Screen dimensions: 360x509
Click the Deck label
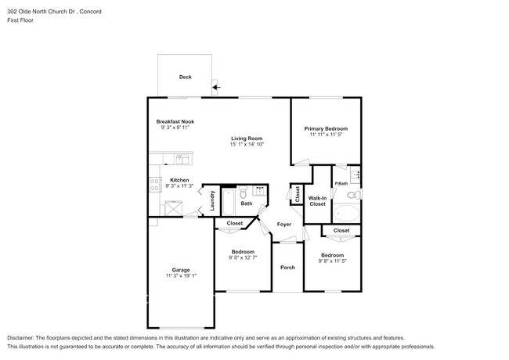pyautogui.click(x=185, y=77)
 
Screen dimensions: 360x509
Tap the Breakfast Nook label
pyautogui.click(x=175, y=122)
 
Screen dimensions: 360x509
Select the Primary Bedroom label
pyautogui.click(x=326, y=128)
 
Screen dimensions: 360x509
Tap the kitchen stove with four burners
pyautogui.click(x=153, y=185)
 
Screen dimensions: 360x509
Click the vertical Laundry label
pyautogui.click(x=211, y=202)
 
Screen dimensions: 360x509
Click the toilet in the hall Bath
pyautogui.click(x=243, y=193)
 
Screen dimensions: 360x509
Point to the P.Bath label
pyautogui.click(x=341, y=184)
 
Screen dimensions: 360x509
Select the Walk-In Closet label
pyautogui.click(x=317, y=202)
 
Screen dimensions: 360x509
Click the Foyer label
pyautogui.click(x=283, y=224)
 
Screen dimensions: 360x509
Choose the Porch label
pyautogui.click(x=287, y=267)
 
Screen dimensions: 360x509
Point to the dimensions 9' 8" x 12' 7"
pyautogui.click(x=242, y=257)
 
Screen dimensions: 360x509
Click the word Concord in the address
pyautogui.click(x=90, y=13)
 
